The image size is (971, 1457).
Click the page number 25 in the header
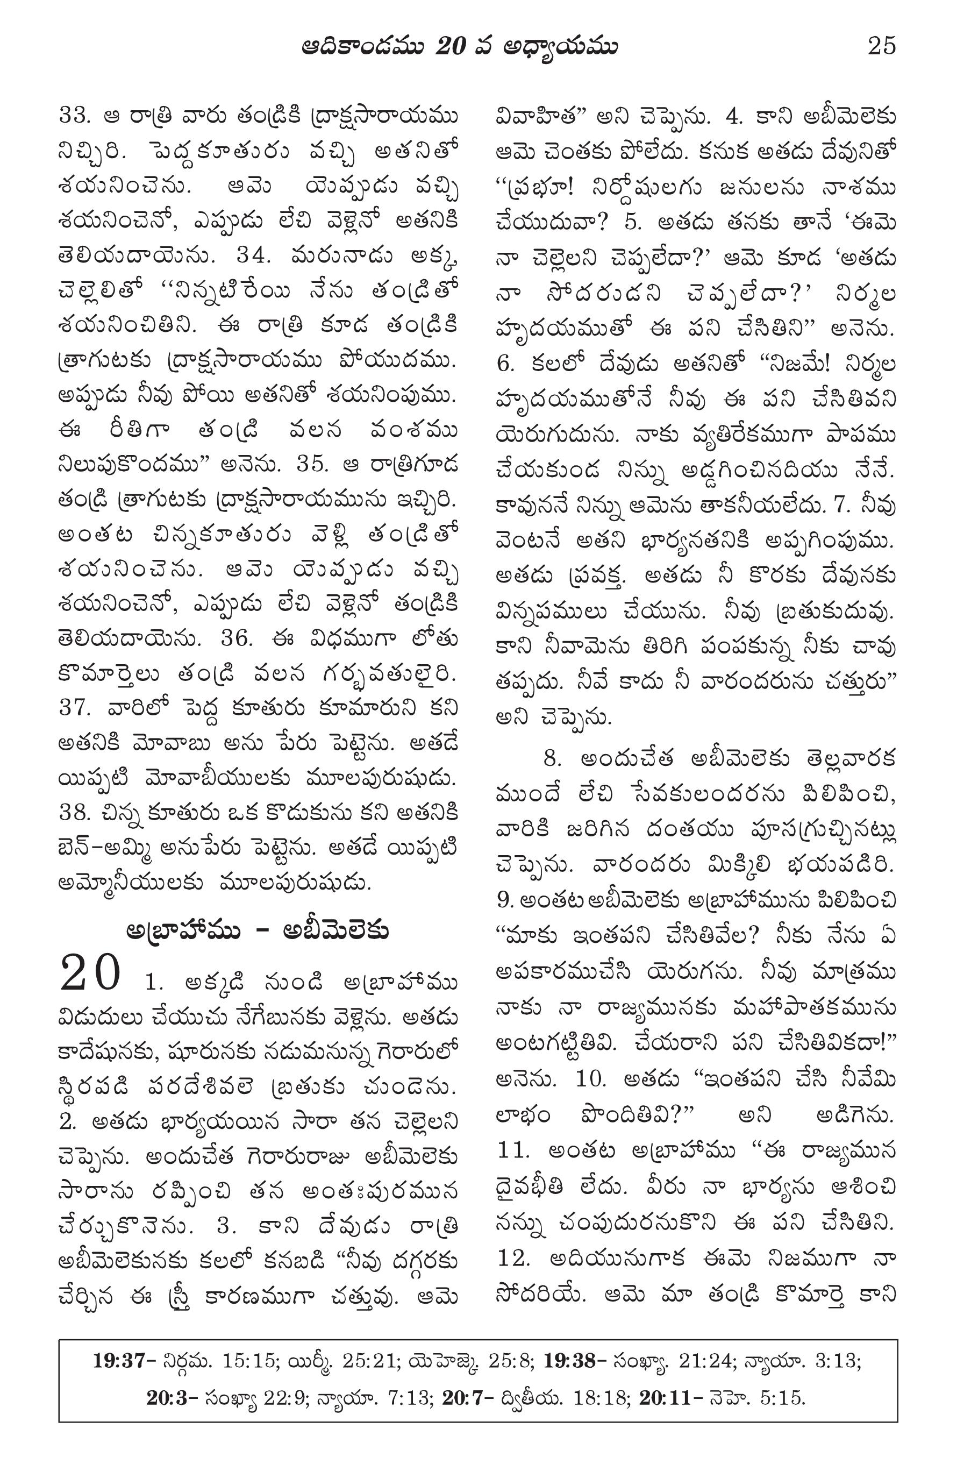(x=882, y=46)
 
